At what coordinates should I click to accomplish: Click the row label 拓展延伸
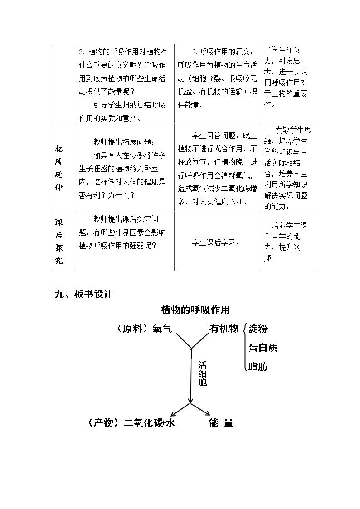coord(59,168)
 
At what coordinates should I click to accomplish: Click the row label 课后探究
coord(59,241)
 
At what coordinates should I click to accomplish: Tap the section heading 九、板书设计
coord(83,294)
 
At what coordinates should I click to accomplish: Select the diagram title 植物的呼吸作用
coord(195,310)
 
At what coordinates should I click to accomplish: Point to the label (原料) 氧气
coord(144,329)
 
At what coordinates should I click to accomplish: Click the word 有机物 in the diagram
coord(224,329)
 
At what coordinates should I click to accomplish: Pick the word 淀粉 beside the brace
coord(258,329)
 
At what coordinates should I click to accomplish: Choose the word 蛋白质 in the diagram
coord(263,348)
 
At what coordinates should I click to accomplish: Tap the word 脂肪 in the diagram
coord(258,367)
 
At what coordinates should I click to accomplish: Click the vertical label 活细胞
coord(203,373)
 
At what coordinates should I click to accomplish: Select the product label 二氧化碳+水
coord(149,422)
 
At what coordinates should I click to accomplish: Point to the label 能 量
coord(221,422)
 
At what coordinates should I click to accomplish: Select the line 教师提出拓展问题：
coord(124,142)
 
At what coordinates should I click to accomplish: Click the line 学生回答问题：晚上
coord(224,136)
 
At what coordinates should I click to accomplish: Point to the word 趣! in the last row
coord(269,258)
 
